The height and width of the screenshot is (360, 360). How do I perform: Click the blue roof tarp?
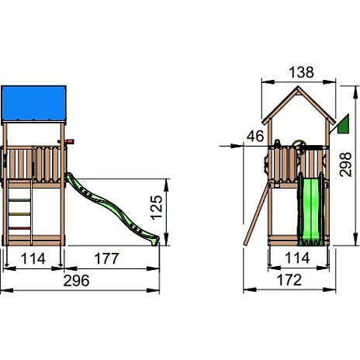tap(33, 103)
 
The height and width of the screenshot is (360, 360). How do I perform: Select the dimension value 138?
tap(301, 72)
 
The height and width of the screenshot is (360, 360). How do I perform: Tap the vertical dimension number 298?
tap(346, 164)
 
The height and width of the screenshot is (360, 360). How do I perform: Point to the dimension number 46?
tap(255, 136)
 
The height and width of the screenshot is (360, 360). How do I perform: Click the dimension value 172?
tap(289, 280)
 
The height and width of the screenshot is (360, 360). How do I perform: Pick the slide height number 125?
tap(157, 208)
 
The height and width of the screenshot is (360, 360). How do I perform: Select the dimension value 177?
tap(106, 258)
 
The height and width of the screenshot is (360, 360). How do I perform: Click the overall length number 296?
tap(76, 281)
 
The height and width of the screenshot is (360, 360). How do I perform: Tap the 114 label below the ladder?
tap(33, 258)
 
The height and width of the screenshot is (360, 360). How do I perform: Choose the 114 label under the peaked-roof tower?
tap(297, 258)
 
